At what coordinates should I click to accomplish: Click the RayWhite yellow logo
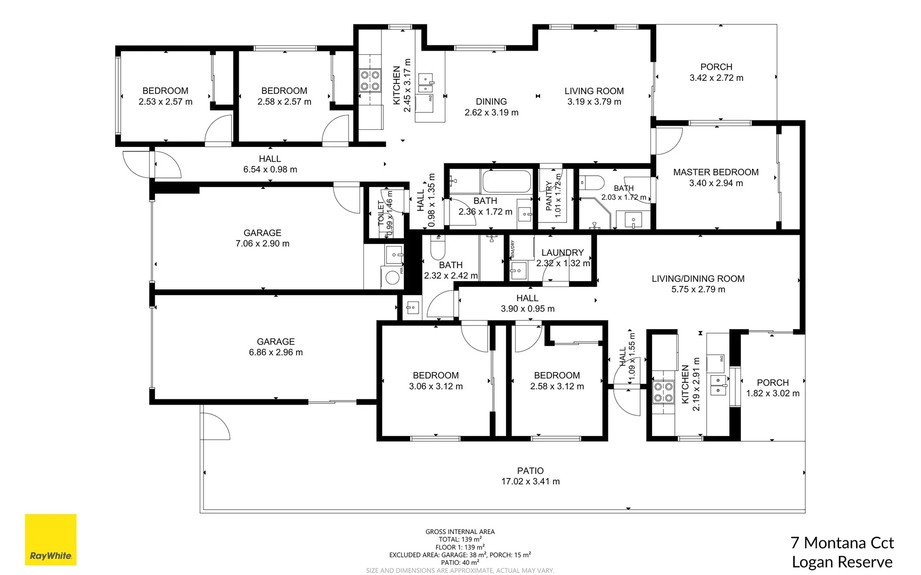point(51,539)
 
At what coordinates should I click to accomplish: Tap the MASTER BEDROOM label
point(715,172)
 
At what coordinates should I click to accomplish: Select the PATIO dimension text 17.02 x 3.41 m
point(530,481)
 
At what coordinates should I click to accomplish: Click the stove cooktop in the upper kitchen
point(370,80)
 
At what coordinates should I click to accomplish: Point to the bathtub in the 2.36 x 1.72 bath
point(506,182)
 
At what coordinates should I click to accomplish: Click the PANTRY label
point(549,195)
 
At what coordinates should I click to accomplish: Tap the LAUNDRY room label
point(563,252)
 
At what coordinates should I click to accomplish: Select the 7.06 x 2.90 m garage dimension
point(262,243)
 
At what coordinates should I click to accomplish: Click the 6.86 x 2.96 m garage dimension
point(275,352)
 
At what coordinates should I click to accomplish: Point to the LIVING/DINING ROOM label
point(698,278)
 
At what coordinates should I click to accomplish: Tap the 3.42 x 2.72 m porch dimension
point(716,78)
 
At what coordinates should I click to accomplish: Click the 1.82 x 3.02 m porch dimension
point(772,393)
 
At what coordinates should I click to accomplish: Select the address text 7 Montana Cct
point(842,543)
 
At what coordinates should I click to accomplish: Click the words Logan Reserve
point(842,562)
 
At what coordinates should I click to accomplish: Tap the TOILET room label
point(381,213)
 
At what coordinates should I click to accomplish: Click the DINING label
point(491,101)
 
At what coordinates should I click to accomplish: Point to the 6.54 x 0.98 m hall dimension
point(270,169)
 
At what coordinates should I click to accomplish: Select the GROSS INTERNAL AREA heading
point(460,531)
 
